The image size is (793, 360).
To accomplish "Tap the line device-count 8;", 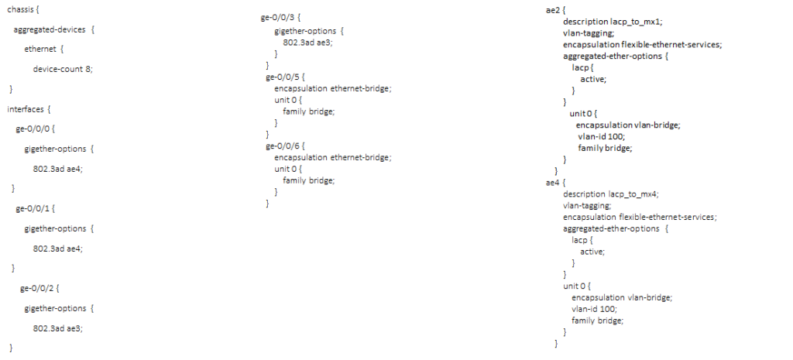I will (x=62, y=69).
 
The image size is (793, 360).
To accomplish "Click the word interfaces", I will (x=26, y=109).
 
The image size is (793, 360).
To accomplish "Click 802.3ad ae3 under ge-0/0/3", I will (x=307, y=42).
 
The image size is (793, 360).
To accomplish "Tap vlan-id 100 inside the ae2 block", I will (x=601, y=136).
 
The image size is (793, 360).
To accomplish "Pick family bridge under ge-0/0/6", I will (x=308, y=180).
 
